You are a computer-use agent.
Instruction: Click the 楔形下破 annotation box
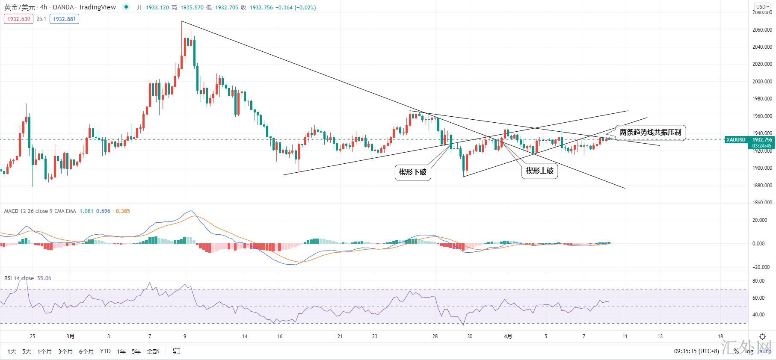click(412, 172)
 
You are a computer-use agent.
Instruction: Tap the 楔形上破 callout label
click(539, 171)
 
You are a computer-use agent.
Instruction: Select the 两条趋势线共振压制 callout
click(650, 133)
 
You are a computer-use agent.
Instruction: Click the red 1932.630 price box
click(19, 19)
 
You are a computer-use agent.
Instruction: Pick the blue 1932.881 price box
click(64, 19)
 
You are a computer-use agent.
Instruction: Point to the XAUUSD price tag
click(736, 140)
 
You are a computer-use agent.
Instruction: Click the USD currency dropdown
click(761, 6)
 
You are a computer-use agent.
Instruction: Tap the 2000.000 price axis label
click(762, 82)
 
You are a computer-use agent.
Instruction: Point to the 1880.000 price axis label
click(762, 186)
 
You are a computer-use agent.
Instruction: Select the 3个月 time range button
click(65, 351)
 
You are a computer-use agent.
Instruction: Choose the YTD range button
click(105, 351)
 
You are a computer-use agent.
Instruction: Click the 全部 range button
click(153, 351)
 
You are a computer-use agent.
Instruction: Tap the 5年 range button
click(136, 351)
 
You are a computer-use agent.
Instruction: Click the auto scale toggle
click(765, 351)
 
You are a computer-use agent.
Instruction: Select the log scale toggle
click(749, 351)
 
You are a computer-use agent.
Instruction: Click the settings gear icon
click(762, 337)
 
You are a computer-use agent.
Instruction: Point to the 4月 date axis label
click(508, 336)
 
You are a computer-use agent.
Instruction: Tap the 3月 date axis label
click(71, 336)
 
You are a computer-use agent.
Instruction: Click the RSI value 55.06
click(44, 278)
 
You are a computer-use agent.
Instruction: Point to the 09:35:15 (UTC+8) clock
click(696, 351)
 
